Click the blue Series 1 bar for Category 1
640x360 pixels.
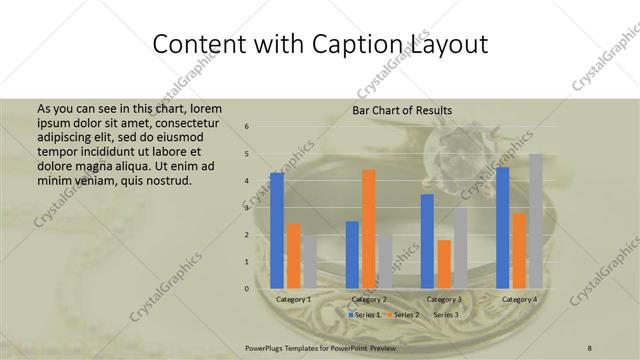[277, 230]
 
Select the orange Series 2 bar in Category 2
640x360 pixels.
[369, 229]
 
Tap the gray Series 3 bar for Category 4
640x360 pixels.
[536, 221]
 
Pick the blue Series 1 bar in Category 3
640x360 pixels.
[427, 241]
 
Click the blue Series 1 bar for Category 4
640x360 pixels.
[503, 227]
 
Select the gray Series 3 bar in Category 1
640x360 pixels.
[310, 262]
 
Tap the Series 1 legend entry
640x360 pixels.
[363, 315]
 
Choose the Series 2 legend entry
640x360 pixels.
[404, 315]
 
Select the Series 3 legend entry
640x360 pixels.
[444, 315]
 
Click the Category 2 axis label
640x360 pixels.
[369, 300]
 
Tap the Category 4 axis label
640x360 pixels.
[519, 300]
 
